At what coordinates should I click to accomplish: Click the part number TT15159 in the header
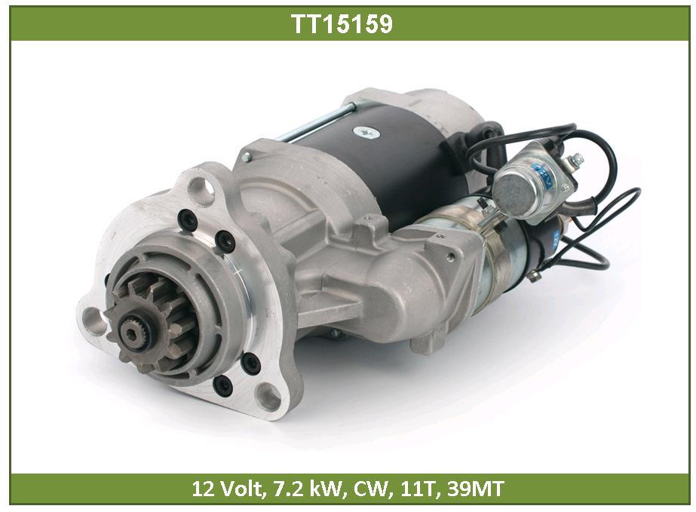(342, 23)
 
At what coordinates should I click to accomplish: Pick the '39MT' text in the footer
(475, 489)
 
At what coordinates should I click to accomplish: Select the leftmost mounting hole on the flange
(93, 318)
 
